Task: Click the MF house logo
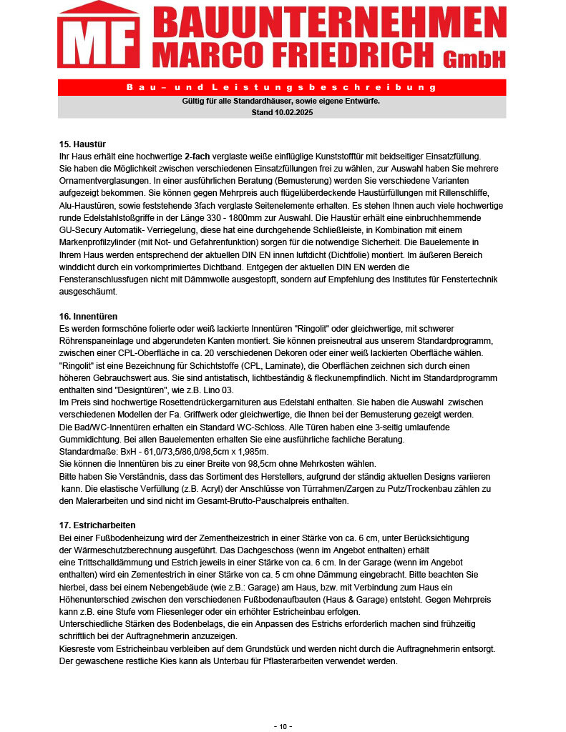(x=99, y=38)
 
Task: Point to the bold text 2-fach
(x=197, y=156)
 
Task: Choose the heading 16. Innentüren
(x=88, y=316)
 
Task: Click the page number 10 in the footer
(x=283, y=726)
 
